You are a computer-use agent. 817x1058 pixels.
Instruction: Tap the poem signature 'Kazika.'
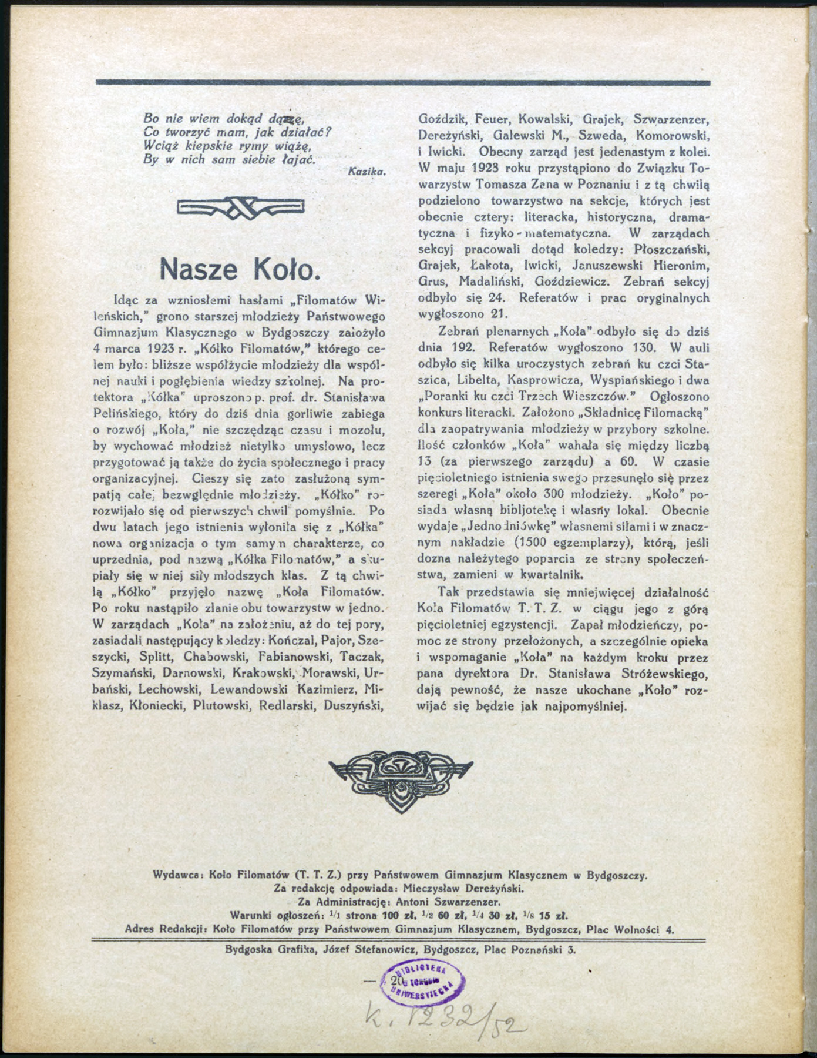tap(366, 172)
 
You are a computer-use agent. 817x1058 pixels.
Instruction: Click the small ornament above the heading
tap(240, 207)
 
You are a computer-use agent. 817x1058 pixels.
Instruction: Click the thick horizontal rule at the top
tap(403, 82)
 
